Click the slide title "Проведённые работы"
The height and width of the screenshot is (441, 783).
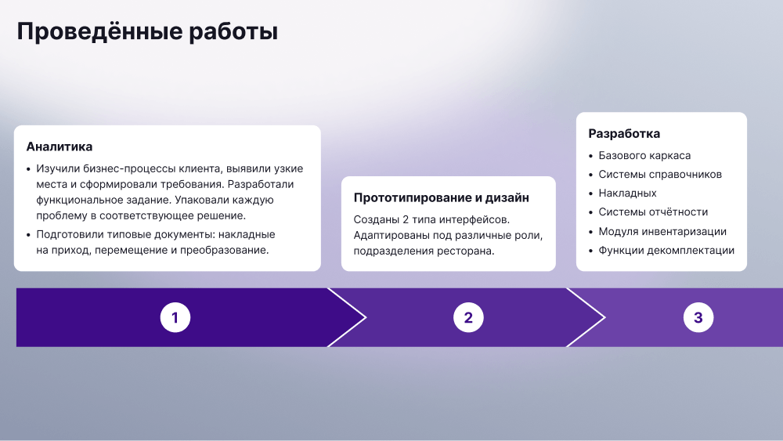click(147, 32)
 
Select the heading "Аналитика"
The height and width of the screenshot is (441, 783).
click(60, 146)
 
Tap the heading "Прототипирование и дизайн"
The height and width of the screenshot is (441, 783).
click(442, 197)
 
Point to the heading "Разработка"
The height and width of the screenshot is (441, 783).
click(624, 134)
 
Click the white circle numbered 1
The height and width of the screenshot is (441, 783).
click(175, 317)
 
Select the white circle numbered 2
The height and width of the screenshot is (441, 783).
click(468, 317)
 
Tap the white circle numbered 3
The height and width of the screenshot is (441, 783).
click(698, 317)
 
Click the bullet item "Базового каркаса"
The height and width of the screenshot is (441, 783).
click(644, 156)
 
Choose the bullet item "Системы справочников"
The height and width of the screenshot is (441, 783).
click(660, 175)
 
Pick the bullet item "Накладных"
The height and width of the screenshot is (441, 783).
click(628, 193)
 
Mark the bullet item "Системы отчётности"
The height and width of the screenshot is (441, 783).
click(653, 212)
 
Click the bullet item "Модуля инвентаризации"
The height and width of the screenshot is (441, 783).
click(662, 231)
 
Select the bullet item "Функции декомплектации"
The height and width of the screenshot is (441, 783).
click(666, 250)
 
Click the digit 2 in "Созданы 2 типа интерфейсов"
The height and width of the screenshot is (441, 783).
click(405, 220)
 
